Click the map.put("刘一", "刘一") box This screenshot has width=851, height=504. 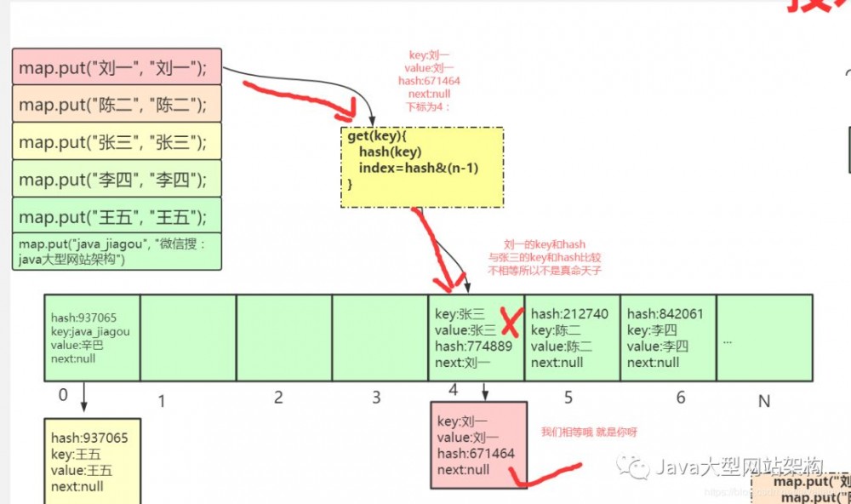tap(117, 66)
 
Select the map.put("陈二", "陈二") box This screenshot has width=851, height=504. tap(117, 104)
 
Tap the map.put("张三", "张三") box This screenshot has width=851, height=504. tap(117, 141)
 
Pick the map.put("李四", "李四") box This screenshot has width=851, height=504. tap(117, 179)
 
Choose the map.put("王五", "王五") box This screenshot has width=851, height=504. tap(117, 215)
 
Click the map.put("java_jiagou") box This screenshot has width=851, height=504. tap(117, 252)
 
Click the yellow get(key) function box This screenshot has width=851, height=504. tap(422, 167)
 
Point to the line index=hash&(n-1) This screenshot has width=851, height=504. tap(419, 169)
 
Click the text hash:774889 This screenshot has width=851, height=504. tap(473, 346)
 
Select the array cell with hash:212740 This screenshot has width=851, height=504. tap(572, 337)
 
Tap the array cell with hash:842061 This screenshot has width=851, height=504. tap(668, 337)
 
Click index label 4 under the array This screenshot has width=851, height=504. tap(453, 391)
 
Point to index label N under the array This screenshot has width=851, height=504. tap(763, 400)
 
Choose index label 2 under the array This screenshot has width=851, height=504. tap(278, 398)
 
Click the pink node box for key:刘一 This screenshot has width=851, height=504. tap(479, 444)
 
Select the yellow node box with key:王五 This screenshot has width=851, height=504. tap(91, 461)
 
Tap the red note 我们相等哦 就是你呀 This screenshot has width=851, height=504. tap(589, 432)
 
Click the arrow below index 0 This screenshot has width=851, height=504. tap(84, 398)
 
